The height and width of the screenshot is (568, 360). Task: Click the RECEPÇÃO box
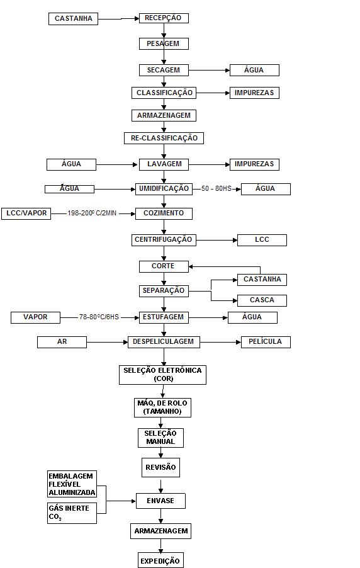click(x=164, y=18)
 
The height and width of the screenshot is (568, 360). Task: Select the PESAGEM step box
click(x=164, y=44)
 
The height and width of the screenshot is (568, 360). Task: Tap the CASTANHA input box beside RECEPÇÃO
click(x=73, y=19)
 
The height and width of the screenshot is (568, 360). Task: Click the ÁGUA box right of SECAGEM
click(x=254, y=71)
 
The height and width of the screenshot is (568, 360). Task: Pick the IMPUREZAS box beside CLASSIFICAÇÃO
click(x=254, y=93)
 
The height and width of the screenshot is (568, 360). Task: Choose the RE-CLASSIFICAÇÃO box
click(x=164, y=138)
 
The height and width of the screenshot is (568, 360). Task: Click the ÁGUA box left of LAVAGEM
click(x=71, y=164)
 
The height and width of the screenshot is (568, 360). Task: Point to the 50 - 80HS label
click(x=217, y=189)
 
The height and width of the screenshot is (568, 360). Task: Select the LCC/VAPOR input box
click(x=26, y=213)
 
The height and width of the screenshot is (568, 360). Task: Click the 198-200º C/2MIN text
click(x=92, y=213)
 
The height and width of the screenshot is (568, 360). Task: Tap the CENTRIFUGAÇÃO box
click(x=164, y=240)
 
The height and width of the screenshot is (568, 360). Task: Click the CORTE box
click(x=164, y=266)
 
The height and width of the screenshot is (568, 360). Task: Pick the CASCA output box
click(x=262, y=300)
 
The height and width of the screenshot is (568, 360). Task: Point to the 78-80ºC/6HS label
click(x=99, y=317)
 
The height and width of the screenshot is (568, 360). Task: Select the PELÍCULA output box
click(x=266, y=342)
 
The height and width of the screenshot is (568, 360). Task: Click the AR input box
click(x=62, y=342)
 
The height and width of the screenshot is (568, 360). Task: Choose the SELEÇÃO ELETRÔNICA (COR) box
click(x=162, y=375)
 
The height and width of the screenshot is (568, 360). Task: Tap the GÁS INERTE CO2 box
click(x=72, y=513)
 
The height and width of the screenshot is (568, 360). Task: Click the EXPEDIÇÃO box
click(x=160, y=560)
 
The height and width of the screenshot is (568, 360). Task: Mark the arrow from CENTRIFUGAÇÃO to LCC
click(x=217, y=240)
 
